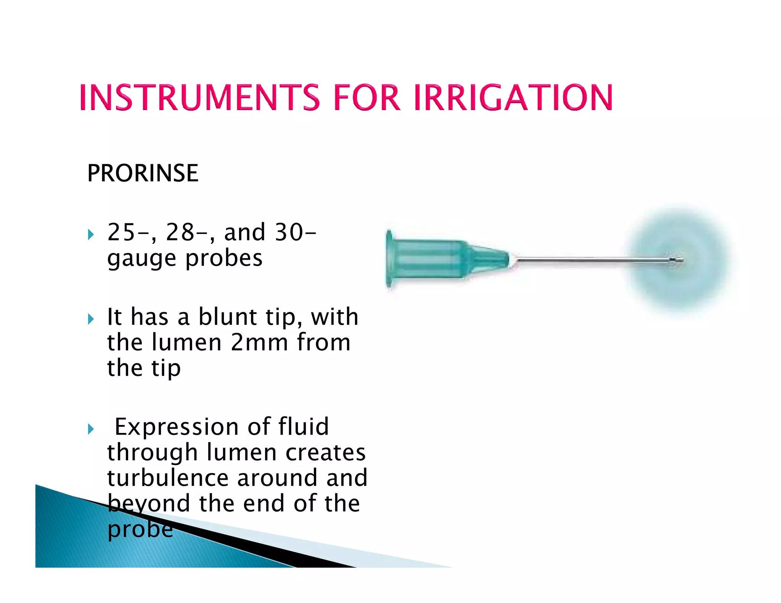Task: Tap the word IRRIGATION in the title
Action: (x=513, y=98)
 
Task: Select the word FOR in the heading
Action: (x=366, y=98)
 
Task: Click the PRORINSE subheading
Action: (x=143, y=173)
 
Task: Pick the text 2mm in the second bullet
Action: (x=259, y=342)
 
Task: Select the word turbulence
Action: (x=168, y=478)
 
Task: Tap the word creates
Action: (x=325, y=452)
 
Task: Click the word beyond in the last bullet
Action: (x=148, y=504)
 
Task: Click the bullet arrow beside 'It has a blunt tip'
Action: (x=91, y=319)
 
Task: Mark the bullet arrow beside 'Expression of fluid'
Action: (x=91, y=429)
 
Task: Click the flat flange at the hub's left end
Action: (x=389, y=259)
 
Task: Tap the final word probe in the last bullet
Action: (x=140, y=529)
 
